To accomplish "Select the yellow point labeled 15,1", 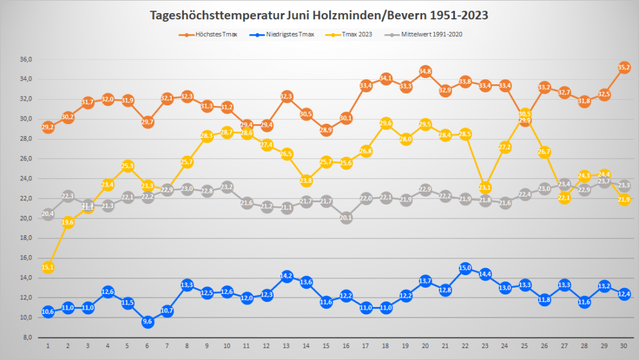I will click(48, 268).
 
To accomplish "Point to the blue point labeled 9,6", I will click(147, 322).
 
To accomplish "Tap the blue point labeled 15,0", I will click(465, 268).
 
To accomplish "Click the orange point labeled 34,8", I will click(426, 72).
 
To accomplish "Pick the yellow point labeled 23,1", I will click(485, 188).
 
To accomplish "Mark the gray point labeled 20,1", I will click(346, 218).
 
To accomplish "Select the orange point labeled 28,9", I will click(326, 130).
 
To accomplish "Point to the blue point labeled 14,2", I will click(286, 276).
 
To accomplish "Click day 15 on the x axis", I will click(326, 345).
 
